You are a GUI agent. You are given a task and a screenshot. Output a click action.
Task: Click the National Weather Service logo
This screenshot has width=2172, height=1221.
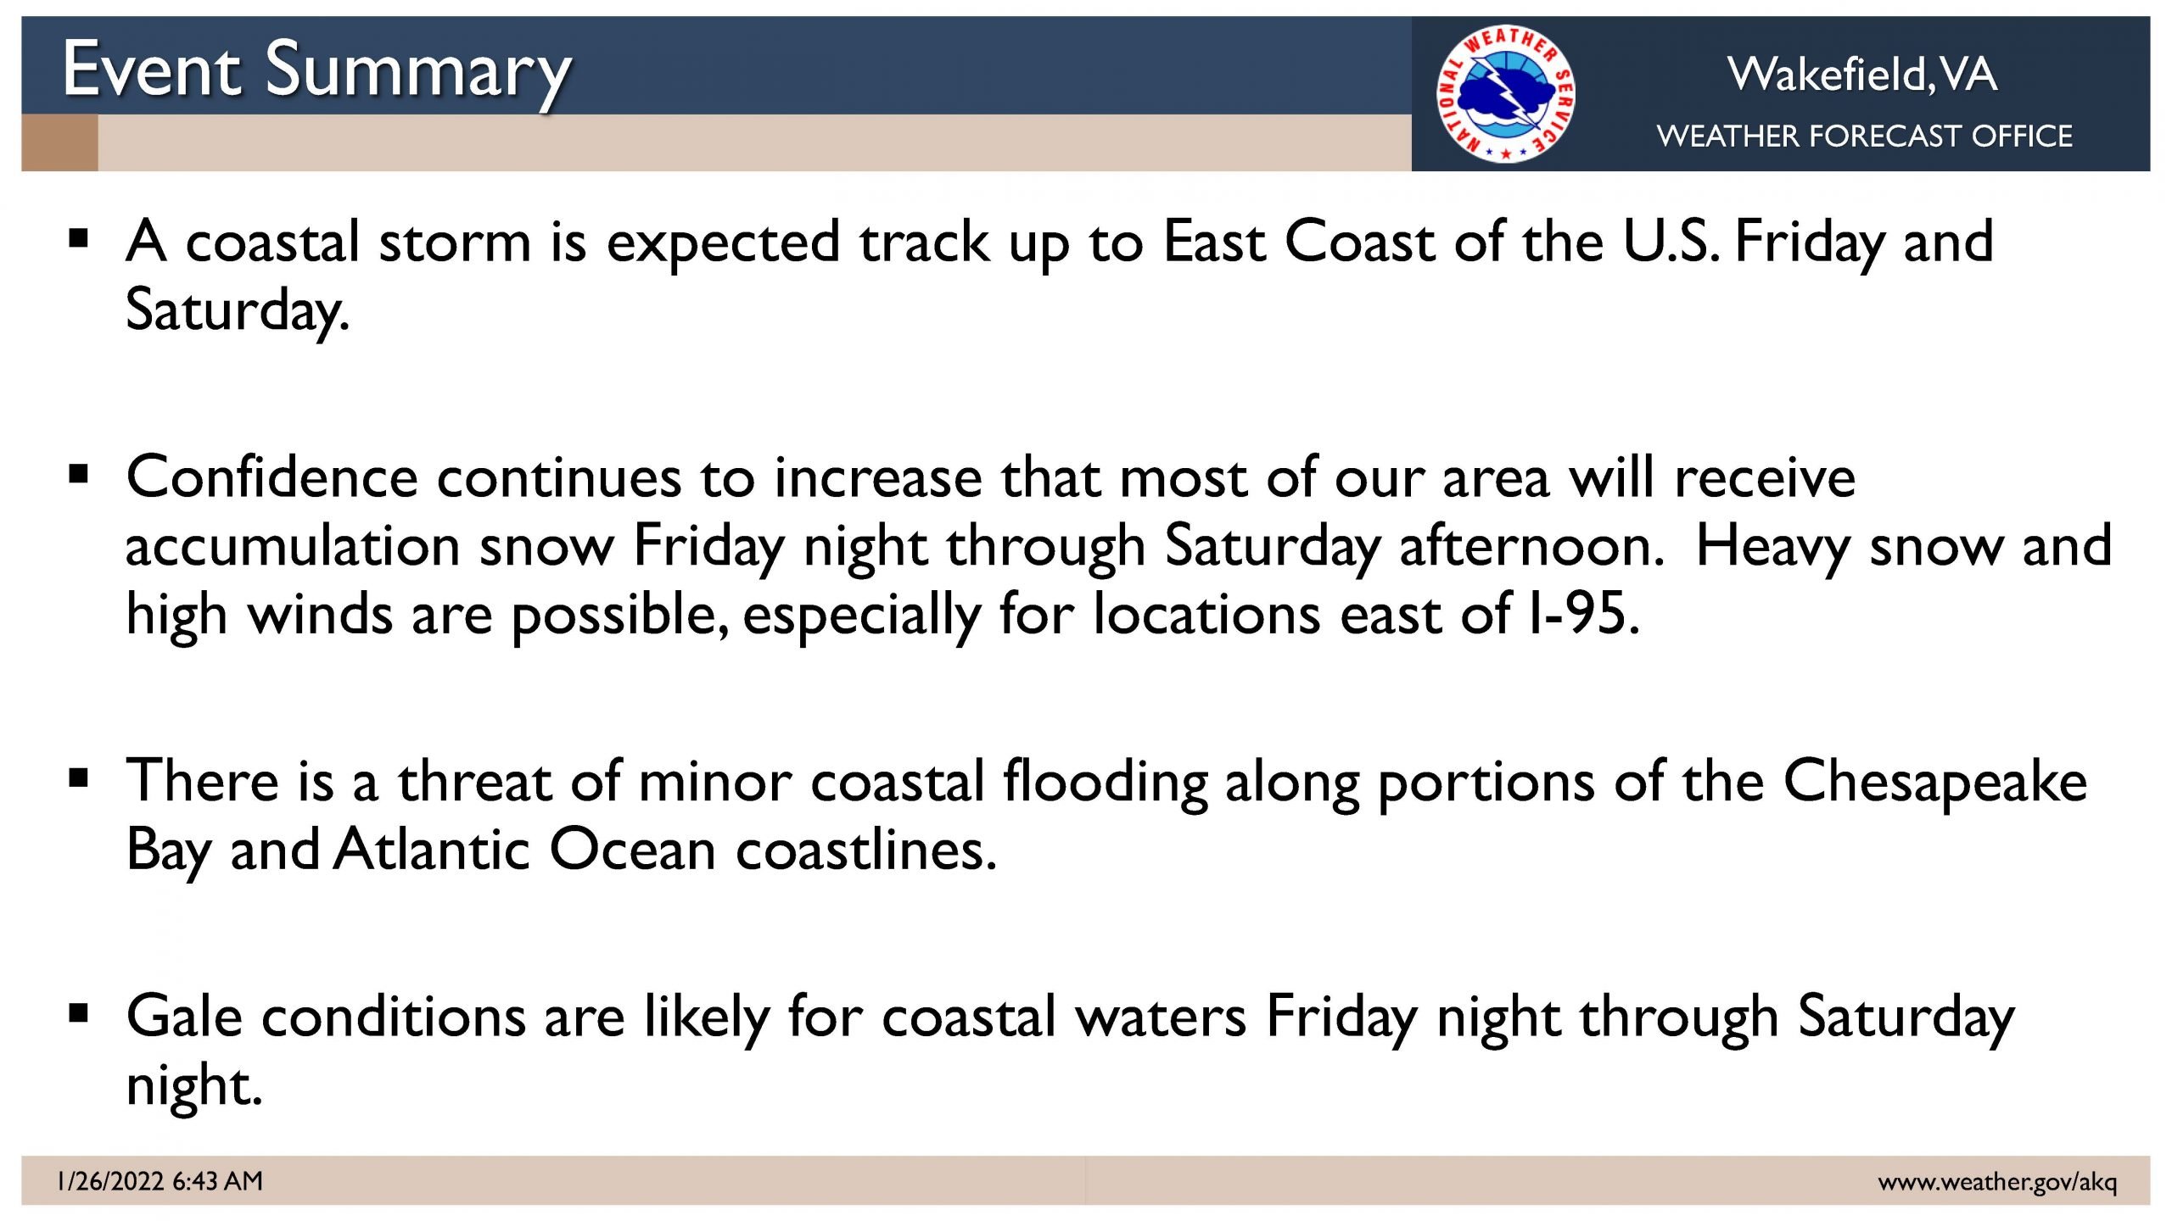(x=1505, y=93)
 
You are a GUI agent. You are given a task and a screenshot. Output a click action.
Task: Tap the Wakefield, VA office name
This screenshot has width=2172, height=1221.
(x=1862, y=74)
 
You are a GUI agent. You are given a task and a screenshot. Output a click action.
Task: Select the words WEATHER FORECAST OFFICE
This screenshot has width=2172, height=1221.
(x=1864, y=136)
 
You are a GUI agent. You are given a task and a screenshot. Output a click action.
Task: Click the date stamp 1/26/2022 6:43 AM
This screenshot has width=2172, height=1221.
(x=160, y=1180)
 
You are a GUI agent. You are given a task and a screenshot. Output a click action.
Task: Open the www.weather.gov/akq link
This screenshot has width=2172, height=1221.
(x=1997, y=1181)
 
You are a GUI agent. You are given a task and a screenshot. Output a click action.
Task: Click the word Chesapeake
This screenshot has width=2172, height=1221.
(x=1935, y=782)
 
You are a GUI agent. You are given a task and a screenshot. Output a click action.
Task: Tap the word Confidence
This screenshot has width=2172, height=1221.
(x=271, y=477)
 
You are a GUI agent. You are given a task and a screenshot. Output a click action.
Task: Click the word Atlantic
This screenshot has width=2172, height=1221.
(x=432, y=849)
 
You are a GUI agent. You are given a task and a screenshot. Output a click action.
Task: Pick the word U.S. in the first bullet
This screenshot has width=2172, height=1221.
(x=1671, y=241)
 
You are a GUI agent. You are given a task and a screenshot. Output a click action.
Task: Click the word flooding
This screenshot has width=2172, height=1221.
(x=1106, y=782)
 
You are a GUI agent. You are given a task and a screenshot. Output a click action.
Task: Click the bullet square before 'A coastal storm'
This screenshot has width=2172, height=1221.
(x=79, y=238)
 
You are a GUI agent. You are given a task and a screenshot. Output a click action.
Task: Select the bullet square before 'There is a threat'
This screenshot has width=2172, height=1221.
(x=79, y=778)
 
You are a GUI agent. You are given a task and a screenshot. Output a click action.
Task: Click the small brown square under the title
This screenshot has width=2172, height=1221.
(x=59, y=142)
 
